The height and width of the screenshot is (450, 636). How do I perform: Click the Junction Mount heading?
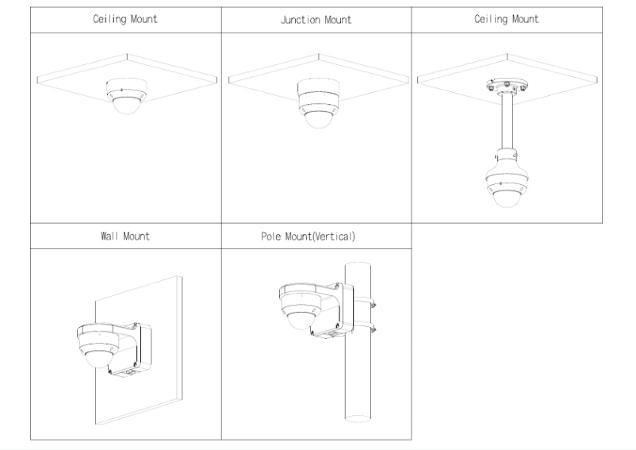[316, 20]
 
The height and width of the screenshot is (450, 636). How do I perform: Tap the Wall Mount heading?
[125, 237]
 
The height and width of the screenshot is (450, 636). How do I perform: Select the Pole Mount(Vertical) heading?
[316, 237]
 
